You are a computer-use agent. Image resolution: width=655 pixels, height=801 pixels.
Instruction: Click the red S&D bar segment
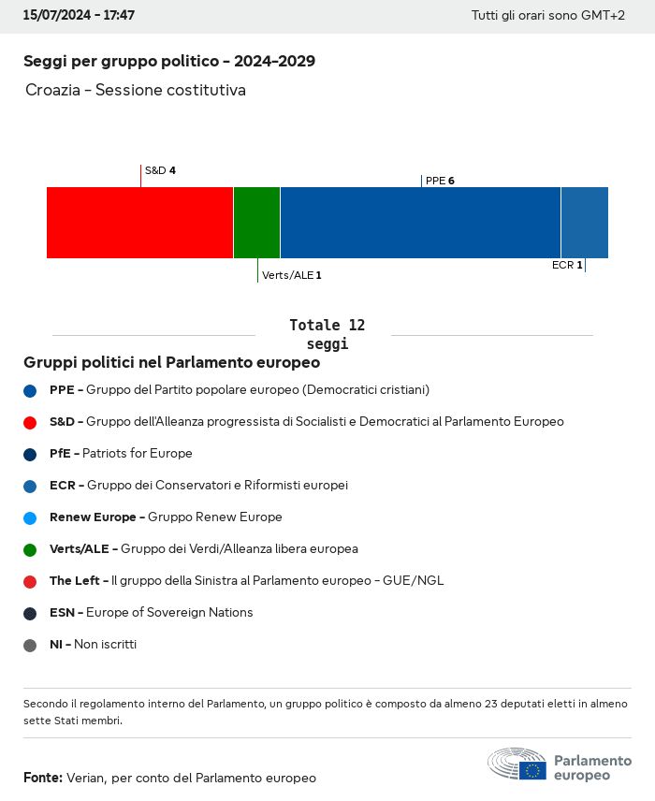139,223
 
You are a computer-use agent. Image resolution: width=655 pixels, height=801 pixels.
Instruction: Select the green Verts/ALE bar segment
256,223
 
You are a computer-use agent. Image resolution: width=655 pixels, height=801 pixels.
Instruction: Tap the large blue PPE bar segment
420,223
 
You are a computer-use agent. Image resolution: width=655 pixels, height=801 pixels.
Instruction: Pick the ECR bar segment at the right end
584,223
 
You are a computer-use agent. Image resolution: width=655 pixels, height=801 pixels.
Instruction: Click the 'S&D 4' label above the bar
160,170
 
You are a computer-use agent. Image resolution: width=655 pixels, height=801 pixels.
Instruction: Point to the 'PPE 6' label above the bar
440,181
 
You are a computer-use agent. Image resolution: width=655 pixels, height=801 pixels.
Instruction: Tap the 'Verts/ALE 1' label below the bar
292,275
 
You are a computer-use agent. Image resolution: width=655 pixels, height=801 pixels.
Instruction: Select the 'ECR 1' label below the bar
567,265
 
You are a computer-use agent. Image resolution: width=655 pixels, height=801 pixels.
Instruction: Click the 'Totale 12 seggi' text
327,334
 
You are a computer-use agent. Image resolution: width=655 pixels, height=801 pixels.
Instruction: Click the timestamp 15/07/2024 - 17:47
79,16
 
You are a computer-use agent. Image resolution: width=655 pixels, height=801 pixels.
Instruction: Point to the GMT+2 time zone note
547,16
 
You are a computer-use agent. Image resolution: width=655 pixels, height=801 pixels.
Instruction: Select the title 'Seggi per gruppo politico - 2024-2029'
169,62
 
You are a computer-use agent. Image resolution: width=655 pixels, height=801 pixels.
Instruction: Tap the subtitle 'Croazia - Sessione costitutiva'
136,91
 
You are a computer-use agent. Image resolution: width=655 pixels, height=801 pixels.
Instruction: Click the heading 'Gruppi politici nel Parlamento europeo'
172,362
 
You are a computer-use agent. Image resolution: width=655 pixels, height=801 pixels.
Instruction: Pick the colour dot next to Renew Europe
30,517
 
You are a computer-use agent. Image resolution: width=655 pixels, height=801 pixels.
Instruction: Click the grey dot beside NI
30,645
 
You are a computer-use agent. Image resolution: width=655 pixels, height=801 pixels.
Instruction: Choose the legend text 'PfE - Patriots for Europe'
121,454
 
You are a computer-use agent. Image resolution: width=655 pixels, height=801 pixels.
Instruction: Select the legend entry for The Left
246,581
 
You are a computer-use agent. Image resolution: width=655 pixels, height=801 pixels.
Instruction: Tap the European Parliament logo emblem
517,765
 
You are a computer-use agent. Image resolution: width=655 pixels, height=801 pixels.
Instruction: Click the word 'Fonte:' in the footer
43,778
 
